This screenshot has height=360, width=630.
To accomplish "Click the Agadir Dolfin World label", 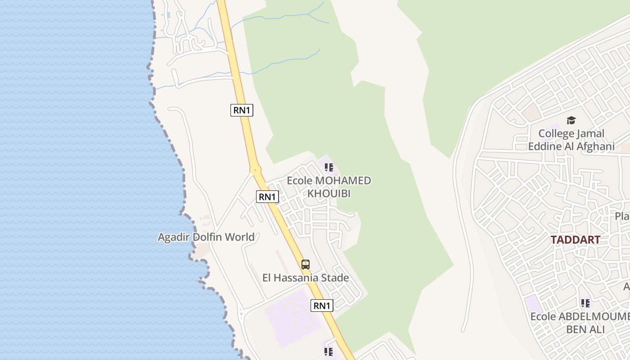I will point(206,237).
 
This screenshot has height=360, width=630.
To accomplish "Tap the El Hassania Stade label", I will point(306,278).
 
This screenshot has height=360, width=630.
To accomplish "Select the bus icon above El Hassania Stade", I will point(306,265).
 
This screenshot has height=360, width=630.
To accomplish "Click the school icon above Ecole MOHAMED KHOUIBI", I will point(329,167).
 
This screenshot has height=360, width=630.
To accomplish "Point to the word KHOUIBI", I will point(328,193).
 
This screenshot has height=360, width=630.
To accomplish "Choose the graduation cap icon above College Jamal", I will point(571,120).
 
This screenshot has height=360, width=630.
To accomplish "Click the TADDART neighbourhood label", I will point(575,240).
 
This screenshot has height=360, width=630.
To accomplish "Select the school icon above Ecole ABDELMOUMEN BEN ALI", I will point(585,303).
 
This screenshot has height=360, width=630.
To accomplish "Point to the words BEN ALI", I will point(585,329).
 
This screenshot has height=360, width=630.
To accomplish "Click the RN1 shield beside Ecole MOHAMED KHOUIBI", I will point(267,197).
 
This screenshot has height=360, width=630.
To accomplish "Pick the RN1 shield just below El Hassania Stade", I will point(322,306).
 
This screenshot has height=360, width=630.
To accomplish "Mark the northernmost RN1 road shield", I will point(242,110).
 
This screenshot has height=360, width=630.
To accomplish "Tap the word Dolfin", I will point(209,237).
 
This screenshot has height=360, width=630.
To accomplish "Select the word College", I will point(556,134).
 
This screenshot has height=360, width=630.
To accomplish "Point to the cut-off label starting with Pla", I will point(623,216).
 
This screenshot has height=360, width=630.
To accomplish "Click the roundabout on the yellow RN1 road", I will point(256,170).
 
